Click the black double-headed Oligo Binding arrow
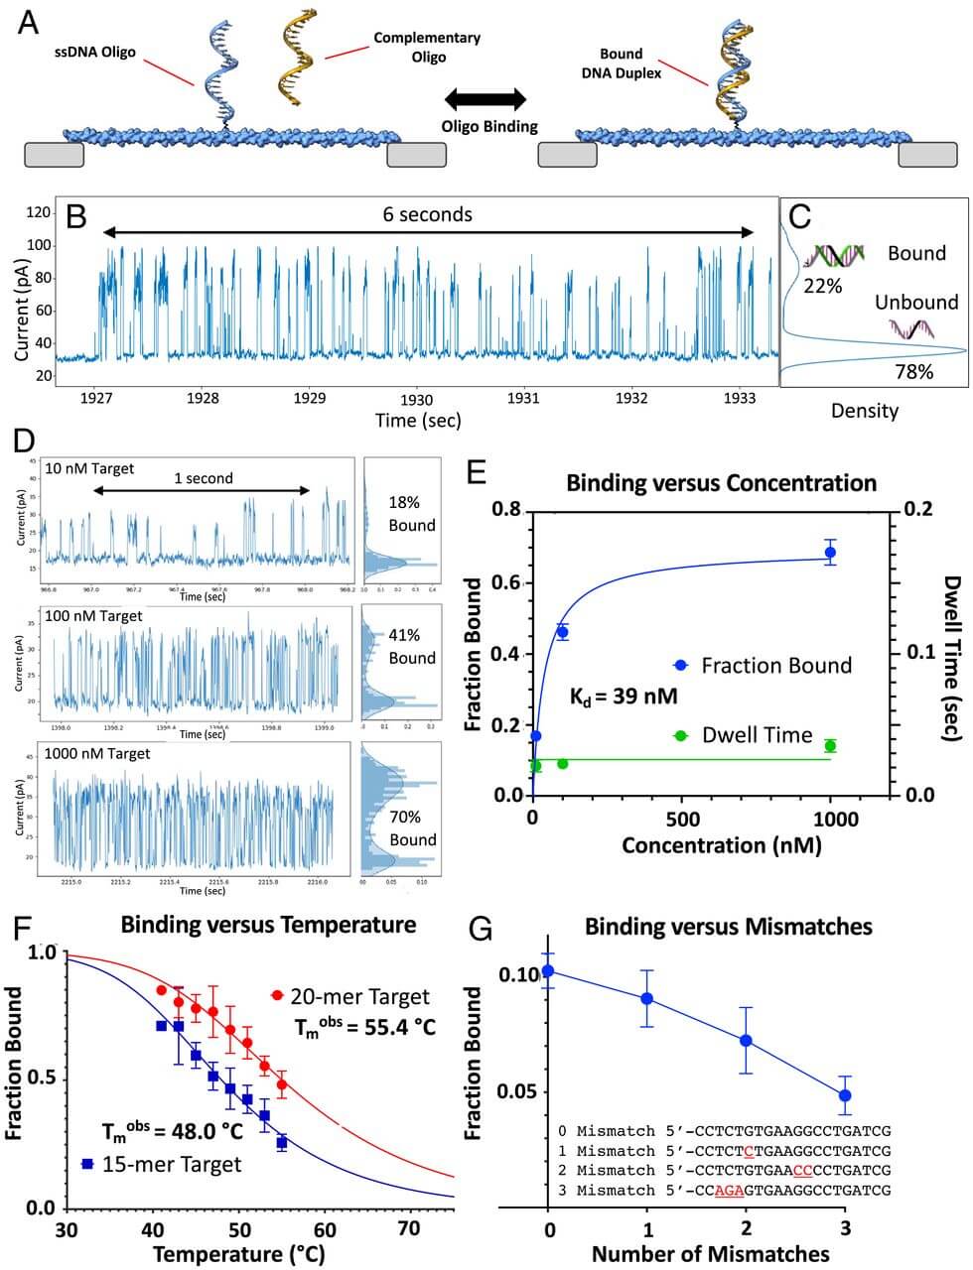(x=486, y=99)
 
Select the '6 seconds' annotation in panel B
(x=427, y=214)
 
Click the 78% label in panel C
(x=912, y=372)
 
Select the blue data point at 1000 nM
(x=830, y=552)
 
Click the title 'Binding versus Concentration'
(x=721, y=483)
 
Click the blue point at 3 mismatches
(x=845, y=1095)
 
